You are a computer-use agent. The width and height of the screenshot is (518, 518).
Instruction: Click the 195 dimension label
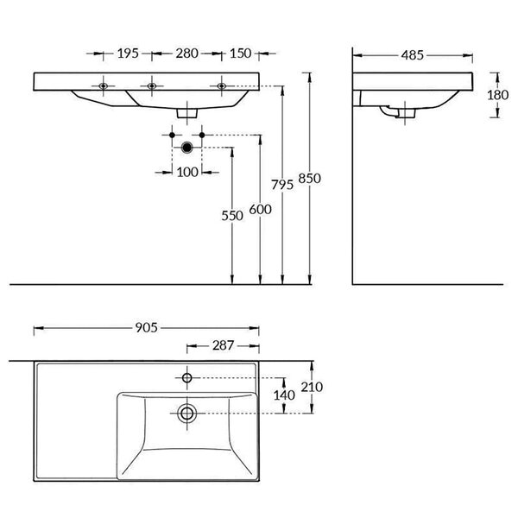pos(128,54)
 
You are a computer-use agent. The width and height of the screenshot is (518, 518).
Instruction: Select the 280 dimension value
pos(186,54)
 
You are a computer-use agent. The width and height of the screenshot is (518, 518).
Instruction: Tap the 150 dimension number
pos(240,54)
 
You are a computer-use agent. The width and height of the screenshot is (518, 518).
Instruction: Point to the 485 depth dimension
pos(413,55)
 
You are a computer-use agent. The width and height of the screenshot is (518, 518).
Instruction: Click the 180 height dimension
pos(498,95)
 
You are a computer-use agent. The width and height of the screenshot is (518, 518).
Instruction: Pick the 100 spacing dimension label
pos(187,172)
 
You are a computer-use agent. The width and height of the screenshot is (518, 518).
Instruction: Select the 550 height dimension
pos(232,216)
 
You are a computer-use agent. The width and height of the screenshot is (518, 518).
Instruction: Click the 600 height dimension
pos(261,210)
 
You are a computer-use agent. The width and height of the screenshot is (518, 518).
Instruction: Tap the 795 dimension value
pos(282,185)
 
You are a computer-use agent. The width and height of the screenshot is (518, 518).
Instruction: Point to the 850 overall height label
pos(310,179)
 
